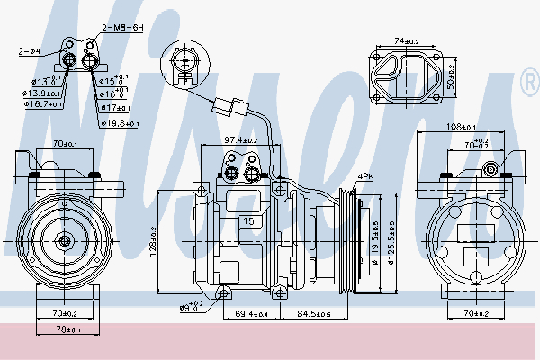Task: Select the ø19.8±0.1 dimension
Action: (121, 122)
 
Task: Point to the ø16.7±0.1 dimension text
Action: (43, 105)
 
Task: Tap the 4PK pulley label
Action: (365, 176)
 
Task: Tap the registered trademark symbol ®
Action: (530, 85)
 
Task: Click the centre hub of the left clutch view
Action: (64, 240)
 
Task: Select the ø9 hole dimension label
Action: (189, 308)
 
